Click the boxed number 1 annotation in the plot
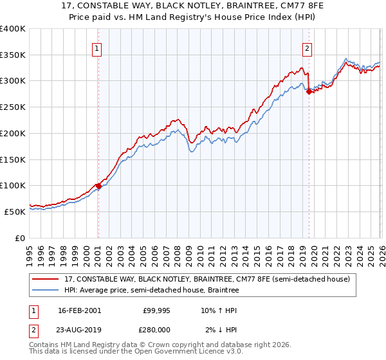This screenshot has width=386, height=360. click(x=97, y=48)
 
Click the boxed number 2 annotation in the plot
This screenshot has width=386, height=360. click(x=308, y=48)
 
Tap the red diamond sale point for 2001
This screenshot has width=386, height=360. click(x=98, y=186)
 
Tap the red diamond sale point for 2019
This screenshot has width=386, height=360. click(x=309, y=91)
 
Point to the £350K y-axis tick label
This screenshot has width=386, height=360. click(x=13, y=55)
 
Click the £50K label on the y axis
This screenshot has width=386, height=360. click(x=15, y=212)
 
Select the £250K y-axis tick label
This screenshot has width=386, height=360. click(x=13, y=107)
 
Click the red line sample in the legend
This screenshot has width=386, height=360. click(x=46, y=280)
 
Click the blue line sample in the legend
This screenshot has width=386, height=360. click(x=46, y=291)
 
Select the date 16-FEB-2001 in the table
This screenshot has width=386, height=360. click(x=79, y=310)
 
